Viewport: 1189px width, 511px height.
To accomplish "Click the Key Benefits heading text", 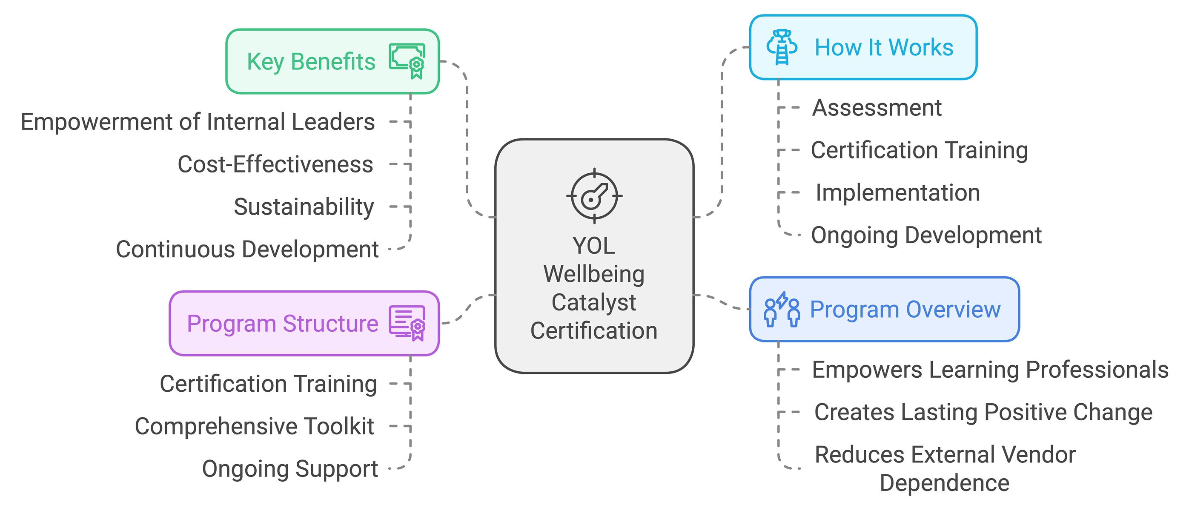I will [x=311, y=62].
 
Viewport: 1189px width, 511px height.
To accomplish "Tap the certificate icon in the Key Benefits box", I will [x=407, y=61].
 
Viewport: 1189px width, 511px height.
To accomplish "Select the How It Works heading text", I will [x=883, y=48].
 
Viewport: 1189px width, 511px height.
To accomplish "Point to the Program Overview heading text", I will [x=905, y=309].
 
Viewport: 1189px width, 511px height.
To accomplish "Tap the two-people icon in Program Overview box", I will [x=782, y=310].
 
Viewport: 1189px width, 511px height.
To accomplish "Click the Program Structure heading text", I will [x=283, y=324].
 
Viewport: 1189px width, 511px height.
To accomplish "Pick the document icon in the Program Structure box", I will [x=407, y=323].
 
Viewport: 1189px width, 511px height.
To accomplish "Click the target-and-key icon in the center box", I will [x=594, y=196].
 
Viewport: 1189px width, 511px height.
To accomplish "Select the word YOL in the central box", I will [x=593, y=246].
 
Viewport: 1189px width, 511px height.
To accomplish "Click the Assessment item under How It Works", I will [x=877, y=108].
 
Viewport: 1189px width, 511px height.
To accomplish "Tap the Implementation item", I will [x=897, y=193].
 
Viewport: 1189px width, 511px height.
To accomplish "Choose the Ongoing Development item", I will [x=926, y=235].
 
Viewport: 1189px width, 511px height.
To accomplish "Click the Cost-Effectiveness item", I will [x=275, y=164].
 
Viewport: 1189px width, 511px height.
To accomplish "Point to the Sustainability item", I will [x=304, y=207].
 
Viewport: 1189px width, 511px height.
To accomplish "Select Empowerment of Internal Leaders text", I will [x=198, y=122].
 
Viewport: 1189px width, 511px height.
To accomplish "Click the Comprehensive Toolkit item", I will [x=254, y=426].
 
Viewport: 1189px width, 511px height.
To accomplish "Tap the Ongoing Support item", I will [x=290, y=469].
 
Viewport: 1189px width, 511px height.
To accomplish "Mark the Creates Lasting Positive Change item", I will [x=983, y=412].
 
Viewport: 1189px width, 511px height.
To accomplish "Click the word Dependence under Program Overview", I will [x=944, y=483].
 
